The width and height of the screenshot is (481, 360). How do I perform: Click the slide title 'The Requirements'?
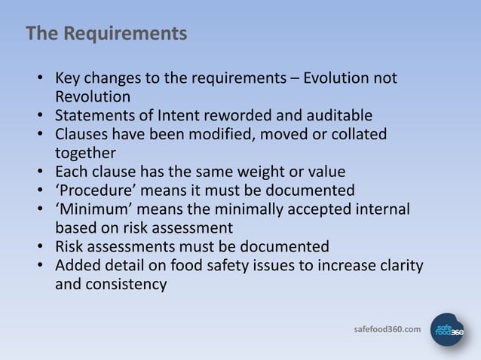coord(106,35)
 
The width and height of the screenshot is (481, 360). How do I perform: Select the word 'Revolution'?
coord(93,97)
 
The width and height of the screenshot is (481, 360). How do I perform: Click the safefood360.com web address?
coord(388,330)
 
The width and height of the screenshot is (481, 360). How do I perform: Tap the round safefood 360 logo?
coord(447,330)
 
